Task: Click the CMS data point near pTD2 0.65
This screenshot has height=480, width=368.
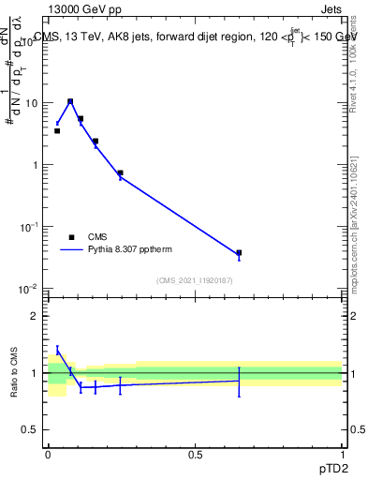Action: tap(239, 253)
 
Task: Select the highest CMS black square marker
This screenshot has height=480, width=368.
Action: tap(70, 101)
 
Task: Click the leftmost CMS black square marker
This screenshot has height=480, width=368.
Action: tap(57, 131)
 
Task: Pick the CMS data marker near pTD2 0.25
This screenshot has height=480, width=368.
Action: tap(120, 172)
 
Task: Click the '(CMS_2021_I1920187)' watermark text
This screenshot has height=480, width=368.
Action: tap(194, 280)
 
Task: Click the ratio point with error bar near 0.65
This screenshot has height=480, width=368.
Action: tap(239, 380)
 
